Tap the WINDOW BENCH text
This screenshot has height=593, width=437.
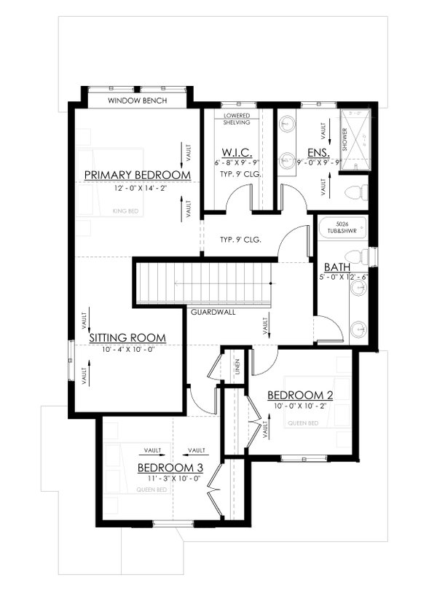pos(138,100)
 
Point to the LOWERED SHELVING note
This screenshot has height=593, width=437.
pos(237,119)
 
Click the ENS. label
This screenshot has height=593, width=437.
pos(319,153)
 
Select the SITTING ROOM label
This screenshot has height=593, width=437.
pos(127,338)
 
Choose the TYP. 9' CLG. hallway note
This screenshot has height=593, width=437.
pos(240,239)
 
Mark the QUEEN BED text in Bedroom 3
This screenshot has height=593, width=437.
pos(153,490)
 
